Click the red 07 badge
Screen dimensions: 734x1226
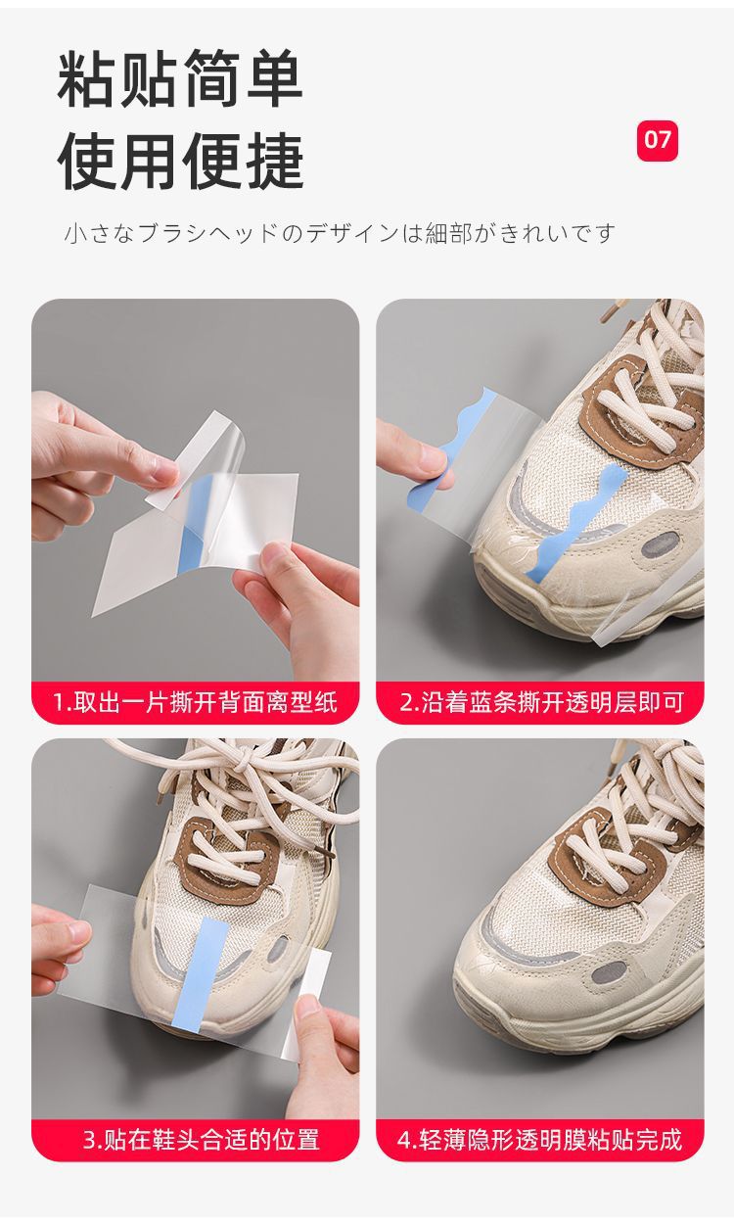tap(657, 141)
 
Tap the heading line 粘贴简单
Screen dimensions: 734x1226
tap(180, 79)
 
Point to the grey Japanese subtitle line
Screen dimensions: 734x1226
tap(340, 234)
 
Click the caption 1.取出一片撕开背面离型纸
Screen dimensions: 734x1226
tap(196, 702)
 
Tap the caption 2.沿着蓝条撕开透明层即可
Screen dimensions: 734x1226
tap(541, 702)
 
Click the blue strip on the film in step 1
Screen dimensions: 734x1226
tap(193, 513)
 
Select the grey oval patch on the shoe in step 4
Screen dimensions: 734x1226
tap(607, 973)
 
